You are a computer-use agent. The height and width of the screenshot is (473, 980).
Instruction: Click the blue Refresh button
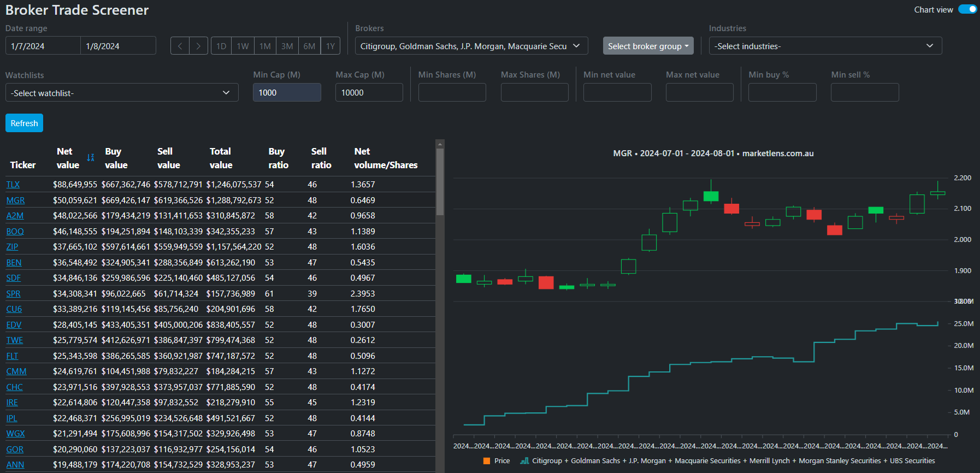click(x=24, y=123)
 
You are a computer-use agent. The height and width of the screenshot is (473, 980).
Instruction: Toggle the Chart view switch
click(x=967, y=9)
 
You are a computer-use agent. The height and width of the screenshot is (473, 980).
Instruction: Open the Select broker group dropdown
click(x=648, y=46)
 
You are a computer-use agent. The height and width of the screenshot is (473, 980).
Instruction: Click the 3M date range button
click(x=287, y=46)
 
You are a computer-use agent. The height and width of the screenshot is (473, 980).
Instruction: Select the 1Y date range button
click(x=330, y=46)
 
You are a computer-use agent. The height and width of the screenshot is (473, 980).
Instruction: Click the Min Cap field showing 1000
click(x=286, y=92)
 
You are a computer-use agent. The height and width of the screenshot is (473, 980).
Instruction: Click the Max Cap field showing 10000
click(x=369, y=92)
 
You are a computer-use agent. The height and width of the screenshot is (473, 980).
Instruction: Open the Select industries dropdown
click(x=825, y=46)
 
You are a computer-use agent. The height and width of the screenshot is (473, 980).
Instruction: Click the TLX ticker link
click(x=13, y=185)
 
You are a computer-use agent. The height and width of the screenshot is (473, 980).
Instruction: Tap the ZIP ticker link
click(x=12, y=247)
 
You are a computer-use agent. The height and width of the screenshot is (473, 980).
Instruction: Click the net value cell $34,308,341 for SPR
click(x=75, y=294)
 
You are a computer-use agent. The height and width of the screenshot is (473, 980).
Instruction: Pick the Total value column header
click(x=221, y=158)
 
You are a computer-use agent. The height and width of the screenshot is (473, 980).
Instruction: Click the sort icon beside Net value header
click(x=91, y=158)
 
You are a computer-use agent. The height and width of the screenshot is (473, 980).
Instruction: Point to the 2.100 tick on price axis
click(x=962, y=209)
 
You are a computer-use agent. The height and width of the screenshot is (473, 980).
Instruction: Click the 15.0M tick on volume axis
click(x=963, y=368)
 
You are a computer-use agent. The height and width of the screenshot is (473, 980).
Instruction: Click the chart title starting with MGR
click(x=713, y=153)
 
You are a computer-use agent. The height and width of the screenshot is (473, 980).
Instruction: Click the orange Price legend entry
click(x=497, y=461)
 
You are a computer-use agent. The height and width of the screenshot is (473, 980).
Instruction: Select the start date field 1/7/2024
click(x=43, y=46)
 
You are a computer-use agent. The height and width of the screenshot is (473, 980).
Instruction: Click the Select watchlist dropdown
click(x=121, y=93)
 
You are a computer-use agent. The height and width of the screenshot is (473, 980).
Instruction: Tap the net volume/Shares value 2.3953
click(x=363, y=294)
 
